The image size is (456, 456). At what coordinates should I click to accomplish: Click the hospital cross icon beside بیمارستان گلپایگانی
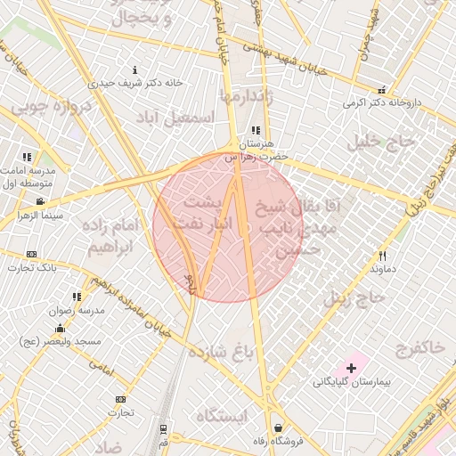351,367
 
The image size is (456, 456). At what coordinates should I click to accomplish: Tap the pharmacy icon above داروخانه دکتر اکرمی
382,90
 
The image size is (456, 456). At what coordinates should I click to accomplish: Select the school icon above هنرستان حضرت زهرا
256,131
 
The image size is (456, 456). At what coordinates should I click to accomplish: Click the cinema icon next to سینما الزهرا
26,204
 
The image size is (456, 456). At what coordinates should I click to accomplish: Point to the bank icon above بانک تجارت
33,255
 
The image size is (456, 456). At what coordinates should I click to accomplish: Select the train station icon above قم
163,430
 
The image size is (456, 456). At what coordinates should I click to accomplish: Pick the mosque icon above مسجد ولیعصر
60,330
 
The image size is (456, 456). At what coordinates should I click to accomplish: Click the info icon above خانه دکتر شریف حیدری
134,69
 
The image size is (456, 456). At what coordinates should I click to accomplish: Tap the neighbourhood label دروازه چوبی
53,109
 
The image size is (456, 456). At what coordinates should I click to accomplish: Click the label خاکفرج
418,347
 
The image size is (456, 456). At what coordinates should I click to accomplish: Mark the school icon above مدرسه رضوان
77,297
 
